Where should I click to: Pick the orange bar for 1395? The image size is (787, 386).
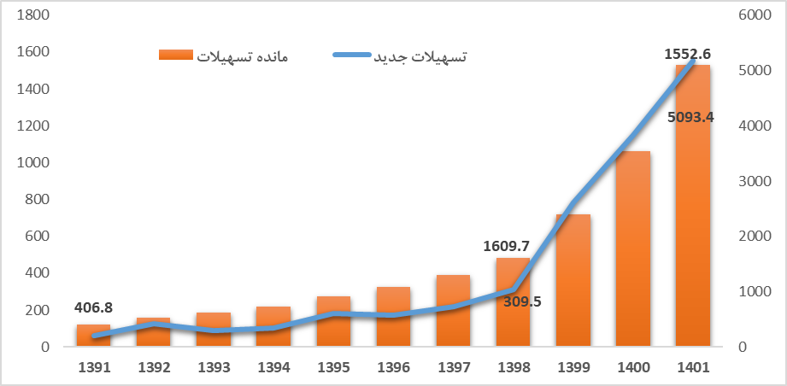point(333,325)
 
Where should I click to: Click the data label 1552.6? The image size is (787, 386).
point(687,54)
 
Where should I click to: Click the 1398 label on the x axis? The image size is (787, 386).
point(513,368)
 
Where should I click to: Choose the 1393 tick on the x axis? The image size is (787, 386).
point(213,368)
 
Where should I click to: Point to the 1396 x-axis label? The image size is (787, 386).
point(393,368)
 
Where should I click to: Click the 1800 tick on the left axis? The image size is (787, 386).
point(32,15)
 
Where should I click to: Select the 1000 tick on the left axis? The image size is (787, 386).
point(32,162)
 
